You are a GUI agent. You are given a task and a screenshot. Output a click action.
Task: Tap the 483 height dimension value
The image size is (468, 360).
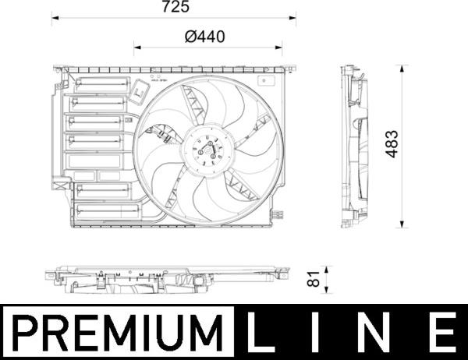(393, 143)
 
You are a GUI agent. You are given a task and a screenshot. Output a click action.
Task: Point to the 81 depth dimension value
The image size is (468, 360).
(313, 277)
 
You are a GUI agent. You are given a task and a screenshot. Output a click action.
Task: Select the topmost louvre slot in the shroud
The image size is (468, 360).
(99, 84)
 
